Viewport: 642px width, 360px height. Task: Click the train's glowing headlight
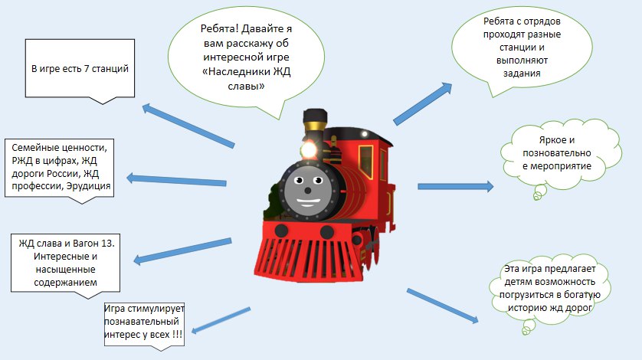[310, 148]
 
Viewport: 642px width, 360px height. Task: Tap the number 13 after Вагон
[106, 243]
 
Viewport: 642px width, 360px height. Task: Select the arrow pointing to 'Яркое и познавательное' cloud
[455, 186]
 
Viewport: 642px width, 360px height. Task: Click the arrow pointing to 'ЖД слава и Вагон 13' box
[182, 251]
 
